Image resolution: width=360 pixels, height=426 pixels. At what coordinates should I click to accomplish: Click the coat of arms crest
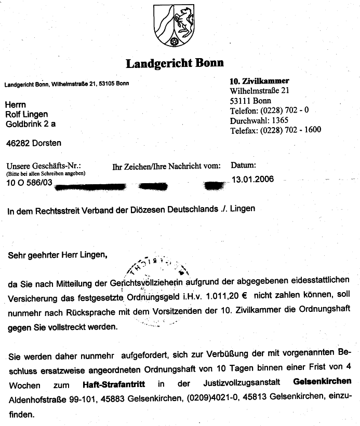pos(174,25)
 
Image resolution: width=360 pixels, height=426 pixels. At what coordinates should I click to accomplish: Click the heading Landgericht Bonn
pos(175,63)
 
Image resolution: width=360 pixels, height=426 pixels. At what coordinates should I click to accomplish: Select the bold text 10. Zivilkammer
pos(259,81)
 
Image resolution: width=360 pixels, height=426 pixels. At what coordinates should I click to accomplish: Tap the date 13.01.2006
pos(252,180)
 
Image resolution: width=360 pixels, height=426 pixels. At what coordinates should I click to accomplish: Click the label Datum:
pos(243,166)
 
